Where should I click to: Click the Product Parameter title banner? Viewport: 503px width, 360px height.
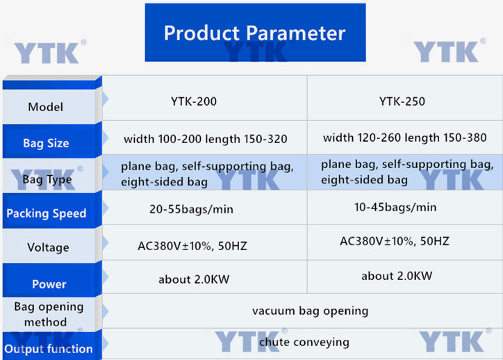coord(255,33)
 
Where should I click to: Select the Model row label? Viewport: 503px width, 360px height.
coord(46,107)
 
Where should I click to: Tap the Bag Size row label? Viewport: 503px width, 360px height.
coord(46,143)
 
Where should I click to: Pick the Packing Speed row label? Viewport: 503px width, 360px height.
coord(46,213)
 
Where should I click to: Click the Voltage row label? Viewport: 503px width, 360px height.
coord(48,247)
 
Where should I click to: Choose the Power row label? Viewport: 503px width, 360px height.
coord(49,284)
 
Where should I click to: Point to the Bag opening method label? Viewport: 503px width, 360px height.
coord(49,314)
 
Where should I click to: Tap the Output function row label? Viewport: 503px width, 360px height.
coord(49,349)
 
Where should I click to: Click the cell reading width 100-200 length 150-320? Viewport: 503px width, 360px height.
coord(206,139)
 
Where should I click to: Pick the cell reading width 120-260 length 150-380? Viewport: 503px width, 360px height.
coord(405,138)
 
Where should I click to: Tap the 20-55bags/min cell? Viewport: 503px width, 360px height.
coord(191,209)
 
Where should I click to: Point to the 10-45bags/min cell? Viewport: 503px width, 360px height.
coord(395,207)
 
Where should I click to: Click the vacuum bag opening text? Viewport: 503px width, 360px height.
coord(310,311)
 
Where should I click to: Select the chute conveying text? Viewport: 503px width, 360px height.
coord(304,342)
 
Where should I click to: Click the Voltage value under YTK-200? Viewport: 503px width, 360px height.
coord(192,246)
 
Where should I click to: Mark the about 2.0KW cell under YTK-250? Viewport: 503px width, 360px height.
coord(397,276)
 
